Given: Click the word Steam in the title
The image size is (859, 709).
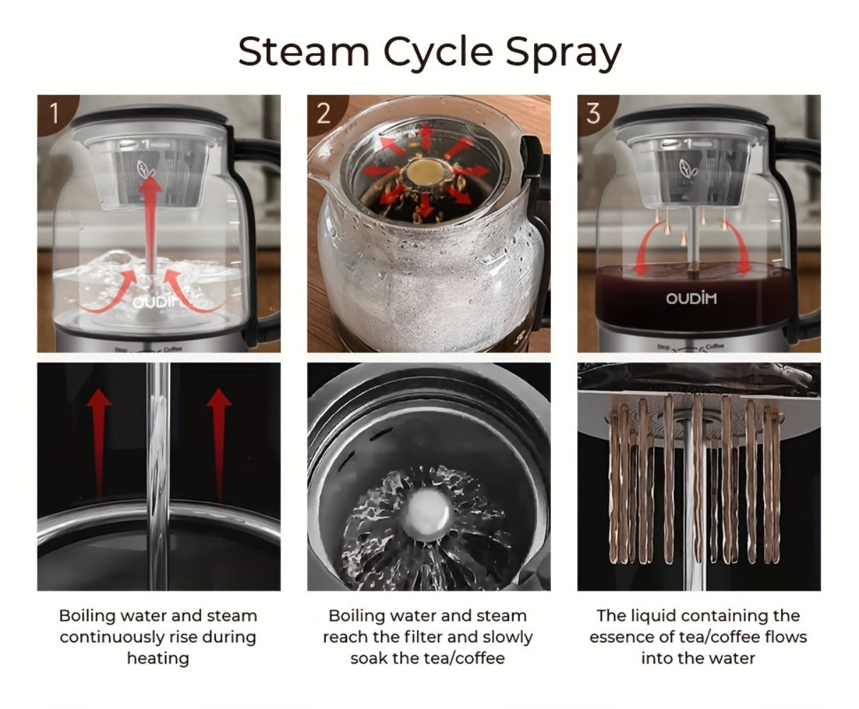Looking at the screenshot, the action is click(304, 52).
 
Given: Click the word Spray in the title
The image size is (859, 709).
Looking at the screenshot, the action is click(564, 55).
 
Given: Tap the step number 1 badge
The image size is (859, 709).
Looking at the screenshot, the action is click(55, 113).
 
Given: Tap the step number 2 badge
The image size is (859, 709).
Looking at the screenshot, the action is click(324, 113).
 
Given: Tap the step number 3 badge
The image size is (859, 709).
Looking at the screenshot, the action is click(593, 113).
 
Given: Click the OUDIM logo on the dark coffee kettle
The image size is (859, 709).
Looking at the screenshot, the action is click(691, 298).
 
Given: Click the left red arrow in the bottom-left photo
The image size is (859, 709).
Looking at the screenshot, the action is click(98, 444).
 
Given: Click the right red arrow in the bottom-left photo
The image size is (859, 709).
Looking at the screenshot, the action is click(220, 444).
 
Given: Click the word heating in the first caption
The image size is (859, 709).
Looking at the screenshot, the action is click(158, 659).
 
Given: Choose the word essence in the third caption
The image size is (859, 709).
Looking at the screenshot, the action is click(622, 637).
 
